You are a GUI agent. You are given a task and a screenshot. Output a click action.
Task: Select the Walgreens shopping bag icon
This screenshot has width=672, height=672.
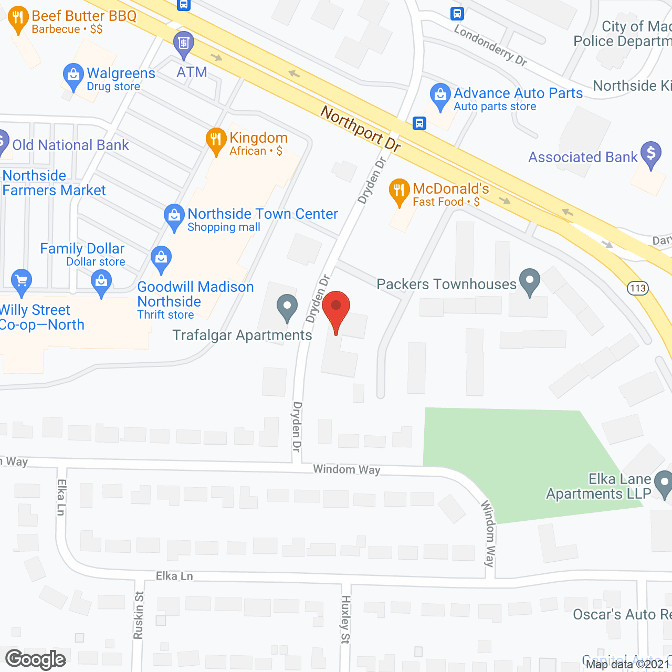point(73,76)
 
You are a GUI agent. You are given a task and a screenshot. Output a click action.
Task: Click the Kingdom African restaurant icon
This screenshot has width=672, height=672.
point(216,140)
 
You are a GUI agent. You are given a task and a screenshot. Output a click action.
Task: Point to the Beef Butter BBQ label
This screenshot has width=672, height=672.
point(84,16)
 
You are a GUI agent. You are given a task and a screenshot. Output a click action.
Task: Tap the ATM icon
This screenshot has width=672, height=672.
point(183,43)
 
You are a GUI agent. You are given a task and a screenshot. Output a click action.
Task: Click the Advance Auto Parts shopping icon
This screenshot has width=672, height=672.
point(440,96)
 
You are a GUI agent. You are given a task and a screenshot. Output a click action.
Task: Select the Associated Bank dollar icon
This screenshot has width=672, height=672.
point(651,153)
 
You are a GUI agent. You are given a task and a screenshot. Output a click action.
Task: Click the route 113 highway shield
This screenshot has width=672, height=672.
point(637,288)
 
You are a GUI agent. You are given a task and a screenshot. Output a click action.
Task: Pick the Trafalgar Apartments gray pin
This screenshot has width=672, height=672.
point(287,307)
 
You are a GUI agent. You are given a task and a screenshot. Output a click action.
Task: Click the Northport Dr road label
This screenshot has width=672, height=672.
point(360,128)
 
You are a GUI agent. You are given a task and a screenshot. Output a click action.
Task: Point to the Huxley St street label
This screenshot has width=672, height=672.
point(345,619)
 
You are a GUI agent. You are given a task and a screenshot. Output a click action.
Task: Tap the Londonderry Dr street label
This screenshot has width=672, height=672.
point(490,46)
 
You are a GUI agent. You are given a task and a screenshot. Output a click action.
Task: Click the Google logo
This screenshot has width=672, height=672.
point(36,659)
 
